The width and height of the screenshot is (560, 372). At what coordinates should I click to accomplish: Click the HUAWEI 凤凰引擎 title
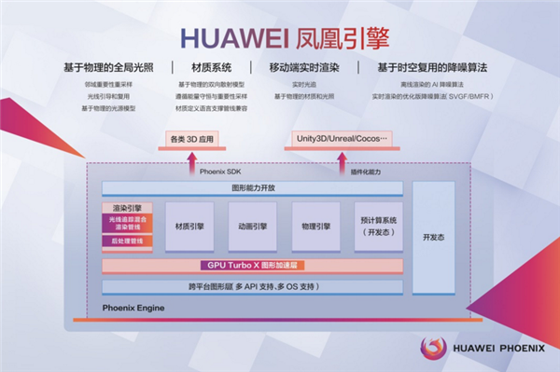[x=280, y=37]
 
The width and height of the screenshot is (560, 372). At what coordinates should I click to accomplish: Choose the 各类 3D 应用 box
[x=195, y=140]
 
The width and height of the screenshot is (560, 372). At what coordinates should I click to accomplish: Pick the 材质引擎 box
[x=189, y=227]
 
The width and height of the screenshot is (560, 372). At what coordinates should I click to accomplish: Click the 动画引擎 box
[x=252, y=227]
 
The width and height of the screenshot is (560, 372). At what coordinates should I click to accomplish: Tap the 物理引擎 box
[x=315, y=227]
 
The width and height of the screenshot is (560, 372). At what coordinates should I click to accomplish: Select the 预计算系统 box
[x=379, y=227]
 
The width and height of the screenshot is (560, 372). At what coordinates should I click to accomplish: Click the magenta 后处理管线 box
[x=128, y=241]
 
